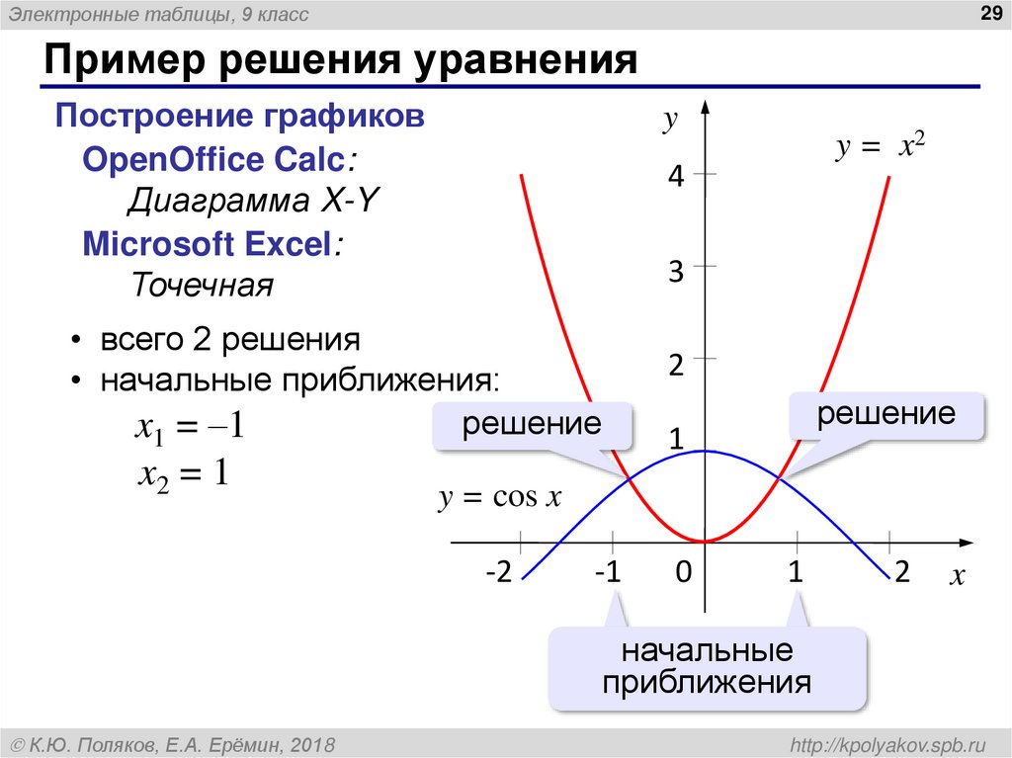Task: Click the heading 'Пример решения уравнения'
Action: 338,61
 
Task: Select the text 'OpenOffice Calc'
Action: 214,160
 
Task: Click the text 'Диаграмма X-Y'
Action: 253,202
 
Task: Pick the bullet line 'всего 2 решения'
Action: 228,340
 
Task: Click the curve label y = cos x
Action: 499,498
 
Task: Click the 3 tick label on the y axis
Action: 676,272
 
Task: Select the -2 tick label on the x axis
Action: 498,574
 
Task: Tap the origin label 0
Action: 682,574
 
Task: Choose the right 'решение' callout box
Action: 885,415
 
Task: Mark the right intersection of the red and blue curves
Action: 780,478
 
